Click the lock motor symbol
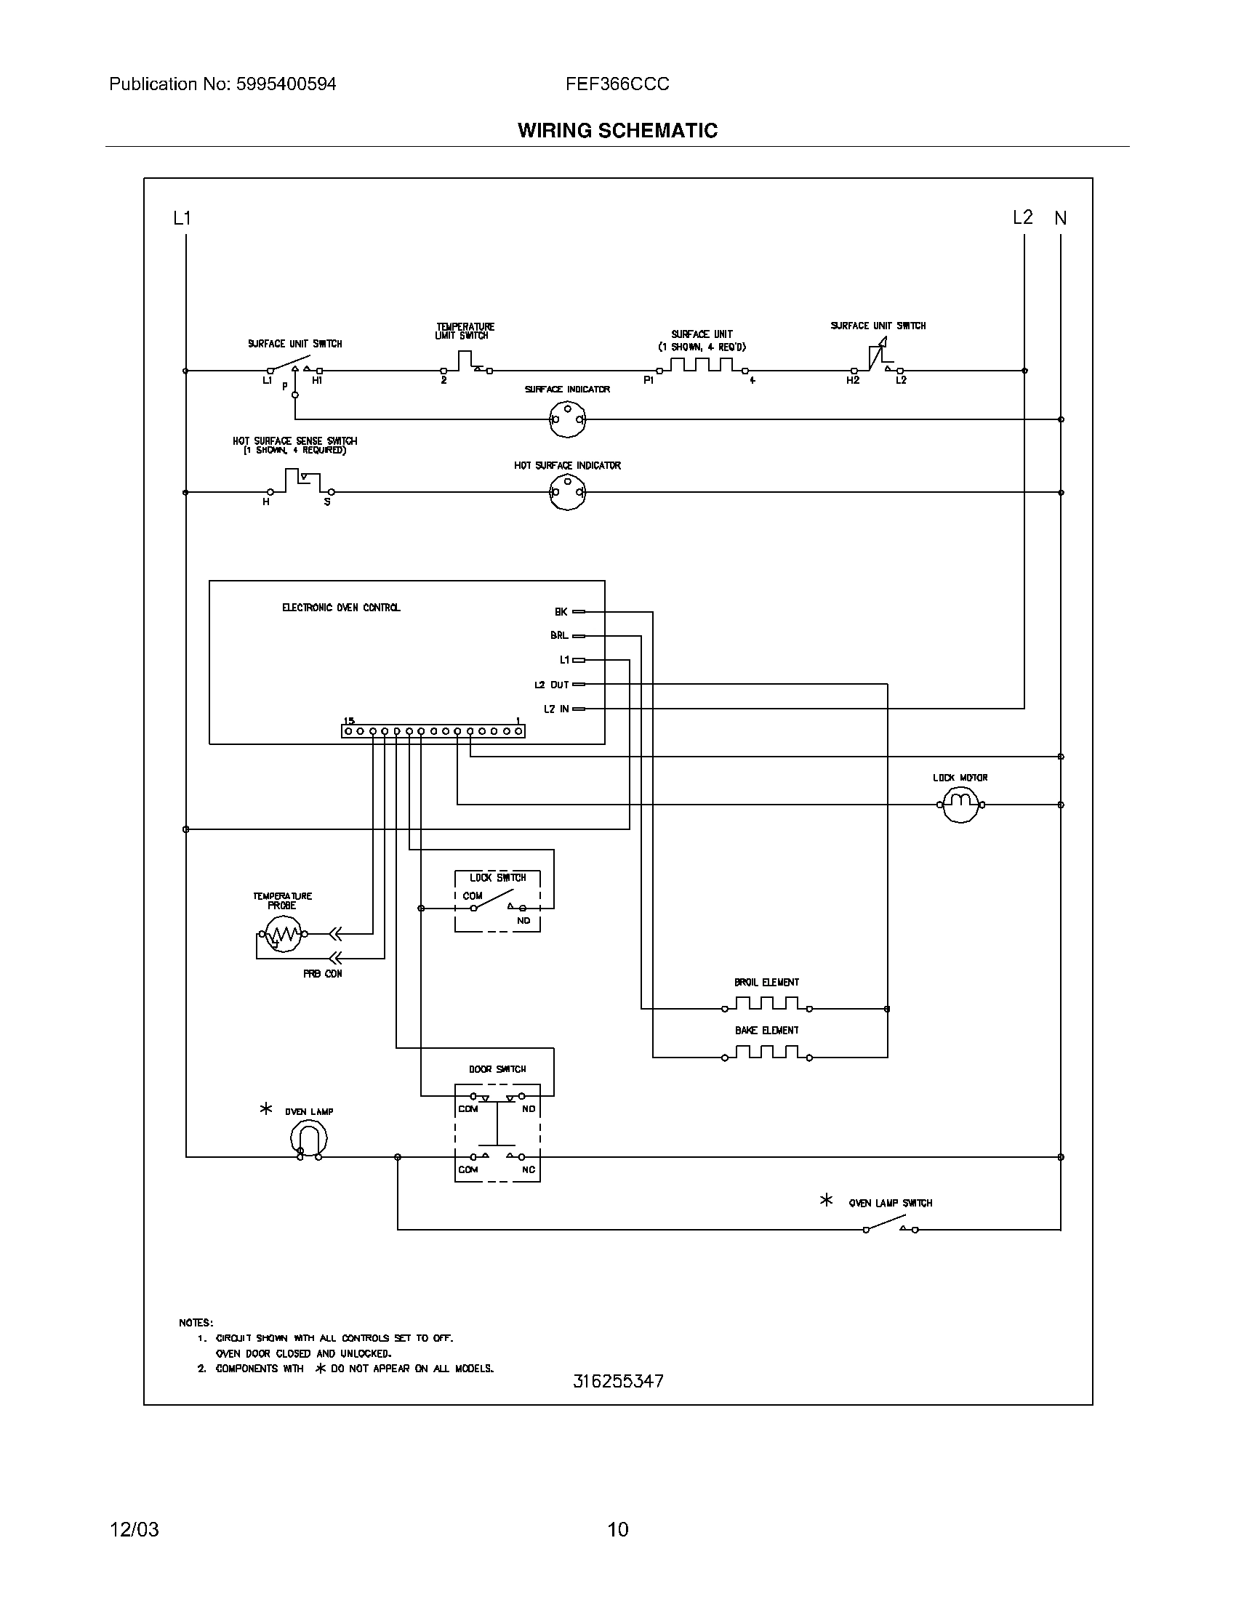pos(960,805)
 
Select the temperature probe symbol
pos(283,934)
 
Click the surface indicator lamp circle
pos(567,419)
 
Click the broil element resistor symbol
pos(766,1004)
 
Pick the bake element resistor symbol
pos(766,1052)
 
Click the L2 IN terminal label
pos(555,709)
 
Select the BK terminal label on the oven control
pos(561,611)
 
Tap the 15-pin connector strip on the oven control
pos(433,730)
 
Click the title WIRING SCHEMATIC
pos(617,130)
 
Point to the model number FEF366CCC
pos(617,84)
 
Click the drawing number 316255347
pos(618,1381)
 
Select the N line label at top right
pos(1060,218)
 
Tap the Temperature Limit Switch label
pos(465,331)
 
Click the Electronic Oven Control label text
pos(341,608)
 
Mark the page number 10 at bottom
pos(618,1528)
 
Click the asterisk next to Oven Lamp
pos(267,1109)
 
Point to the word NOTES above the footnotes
pos(196,1322)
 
